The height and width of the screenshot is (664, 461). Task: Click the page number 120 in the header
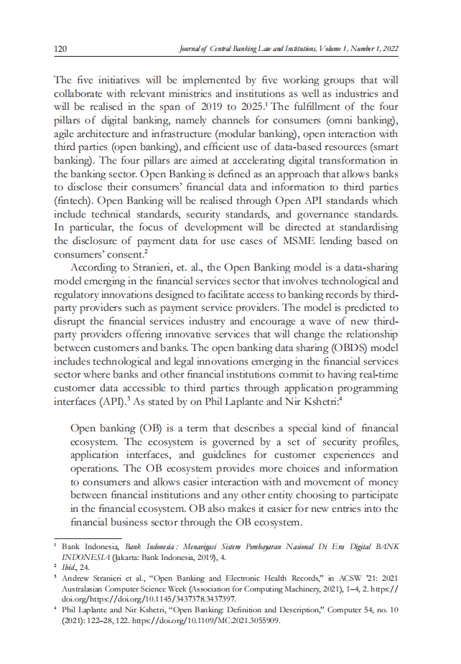click(60, 49)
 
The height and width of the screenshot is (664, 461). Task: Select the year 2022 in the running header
click(388, 49)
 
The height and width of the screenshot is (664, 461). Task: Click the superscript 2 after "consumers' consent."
click(145, 251)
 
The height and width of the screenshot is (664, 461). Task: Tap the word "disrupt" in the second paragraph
click(70, 320)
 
